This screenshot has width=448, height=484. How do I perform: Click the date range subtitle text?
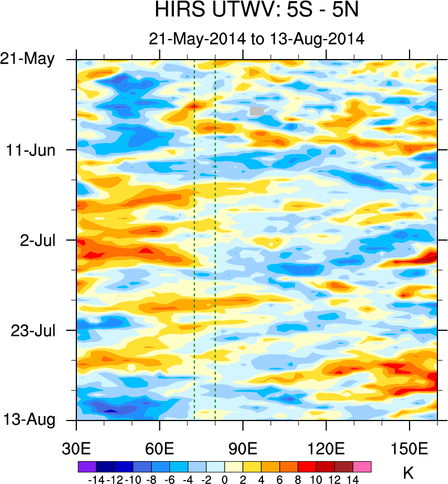click(256, 39)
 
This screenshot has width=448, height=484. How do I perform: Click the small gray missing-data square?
click(256, 111)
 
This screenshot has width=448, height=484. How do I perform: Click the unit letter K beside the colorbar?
click(408, 473)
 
